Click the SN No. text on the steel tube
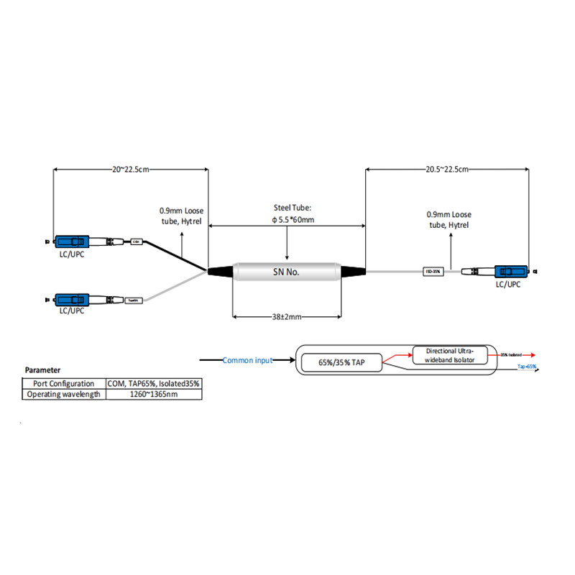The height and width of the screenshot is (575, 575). tap(287, 272)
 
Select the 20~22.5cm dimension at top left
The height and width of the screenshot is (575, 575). tap(130, 169)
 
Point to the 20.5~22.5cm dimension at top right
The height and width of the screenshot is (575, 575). tap(447, 169)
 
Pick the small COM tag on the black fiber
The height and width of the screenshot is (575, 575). tap(137, 242)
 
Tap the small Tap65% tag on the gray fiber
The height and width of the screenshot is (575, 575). tap(134, 299)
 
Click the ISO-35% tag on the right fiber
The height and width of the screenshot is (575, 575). tap(433, 272)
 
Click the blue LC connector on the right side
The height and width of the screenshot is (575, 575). tap(512, 272)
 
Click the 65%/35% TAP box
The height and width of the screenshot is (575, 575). tap(341, 363)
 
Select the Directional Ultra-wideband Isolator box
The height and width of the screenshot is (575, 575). tap(450, 354)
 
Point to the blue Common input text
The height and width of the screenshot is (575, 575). tap(247, 360)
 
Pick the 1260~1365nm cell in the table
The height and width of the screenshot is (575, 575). tap(154, 394)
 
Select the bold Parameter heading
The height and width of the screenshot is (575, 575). tap(43, 370)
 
